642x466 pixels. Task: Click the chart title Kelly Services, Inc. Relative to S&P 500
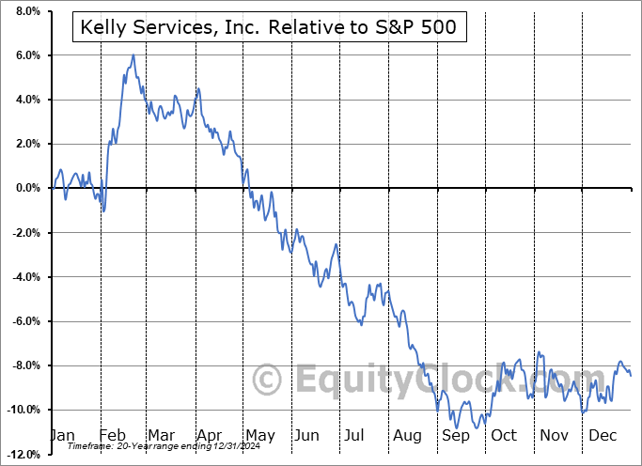[x=266, y=27]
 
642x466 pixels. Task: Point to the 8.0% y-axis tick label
[x=25, y=11]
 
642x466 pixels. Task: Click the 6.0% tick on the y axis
[x=25, y=55]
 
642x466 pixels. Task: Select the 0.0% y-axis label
[x=25, y=188]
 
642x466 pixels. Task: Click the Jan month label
[x=62, y=436]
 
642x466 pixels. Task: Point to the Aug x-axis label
[x=407, y=436]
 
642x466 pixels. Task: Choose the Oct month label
[x=504, y=436]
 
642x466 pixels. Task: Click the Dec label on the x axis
[x=602, y=436]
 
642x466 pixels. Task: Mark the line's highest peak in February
[x=133, y=55]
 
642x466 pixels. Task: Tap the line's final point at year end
[x=630, y=376]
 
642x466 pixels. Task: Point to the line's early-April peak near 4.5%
[x=197, y=88]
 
